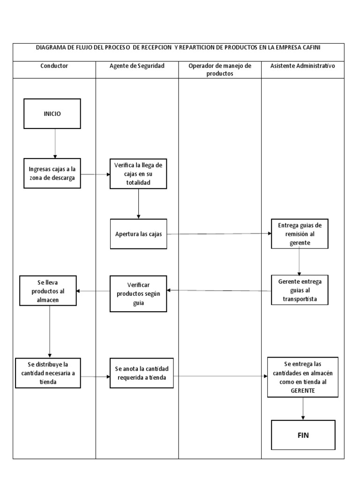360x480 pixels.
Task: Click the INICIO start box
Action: pos(52,113)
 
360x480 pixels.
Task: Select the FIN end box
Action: pos(303,435)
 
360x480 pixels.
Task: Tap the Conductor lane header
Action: pos(54,66)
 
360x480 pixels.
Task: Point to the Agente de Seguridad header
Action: pos(137,66)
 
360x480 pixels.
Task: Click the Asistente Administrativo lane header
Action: pos(303,66)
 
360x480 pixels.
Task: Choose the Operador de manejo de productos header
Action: pos(220,69)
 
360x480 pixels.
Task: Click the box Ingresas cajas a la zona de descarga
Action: pos(52,173)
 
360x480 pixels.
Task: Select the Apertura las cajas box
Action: pos(138,234)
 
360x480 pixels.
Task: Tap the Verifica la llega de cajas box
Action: pos(138,174)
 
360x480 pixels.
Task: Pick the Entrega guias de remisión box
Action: pos(300,234)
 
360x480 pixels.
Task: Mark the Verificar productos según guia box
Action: pos(138,294)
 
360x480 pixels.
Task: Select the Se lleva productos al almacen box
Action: pos(47,291)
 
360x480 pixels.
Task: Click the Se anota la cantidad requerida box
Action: pos(142,373)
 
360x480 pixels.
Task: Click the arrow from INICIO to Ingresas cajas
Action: pos(55,143)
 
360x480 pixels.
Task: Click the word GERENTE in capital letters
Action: pos(302,390)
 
